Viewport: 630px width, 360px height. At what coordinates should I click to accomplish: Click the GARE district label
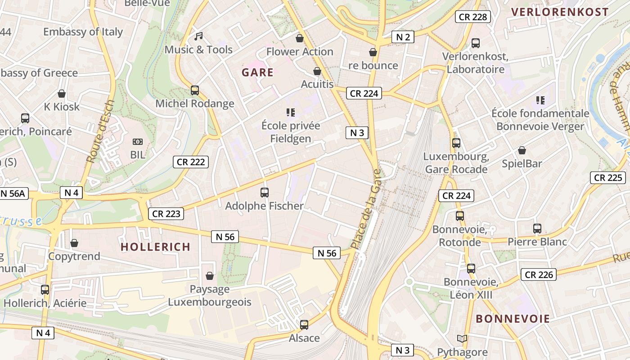[257, 72]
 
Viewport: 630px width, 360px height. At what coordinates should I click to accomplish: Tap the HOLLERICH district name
[156, 247]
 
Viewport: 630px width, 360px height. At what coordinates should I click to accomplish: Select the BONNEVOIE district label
[513, 319]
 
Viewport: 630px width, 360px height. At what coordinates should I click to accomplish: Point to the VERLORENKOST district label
[560, 12]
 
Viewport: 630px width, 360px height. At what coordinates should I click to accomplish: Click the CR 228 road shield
[472, 17]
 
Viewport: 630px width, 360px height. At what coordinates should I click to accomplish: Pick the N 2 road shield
[403, 37]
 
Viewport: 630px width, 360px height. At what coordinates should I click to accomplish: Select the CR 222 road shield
[191, 162]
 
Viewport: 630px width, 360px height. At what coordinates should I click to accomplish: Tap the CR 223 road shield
[166, 214]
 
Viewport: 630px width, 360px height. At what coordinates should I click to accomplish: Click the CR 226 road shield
[539, 274]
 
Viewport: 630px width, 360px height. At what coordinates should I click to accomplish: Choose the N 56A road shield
[13, 193]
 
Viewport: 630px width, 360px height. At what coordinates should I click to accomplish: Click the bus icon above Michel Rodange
[195, 90]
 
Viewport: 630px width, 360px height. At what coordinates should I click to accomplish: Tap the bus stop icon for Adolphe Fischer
[265, 193]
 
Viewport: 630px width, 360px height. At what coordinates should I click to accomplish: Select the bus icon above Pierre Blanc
[537, 229]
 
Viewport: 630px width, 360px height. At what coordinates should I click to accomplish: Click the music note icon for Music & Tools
[198, 36]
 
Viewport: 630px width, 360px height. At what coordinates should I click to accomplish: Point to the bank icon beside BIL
[138, 142]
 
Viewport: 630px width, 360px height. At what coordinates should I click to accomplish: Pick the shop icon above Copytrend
[74, 243]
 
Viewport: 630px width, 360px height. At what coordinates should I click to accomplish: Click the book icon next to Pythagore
[462, 338]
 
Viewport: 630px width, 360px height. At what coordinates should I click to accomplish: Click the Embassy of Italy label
[83, 32]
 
